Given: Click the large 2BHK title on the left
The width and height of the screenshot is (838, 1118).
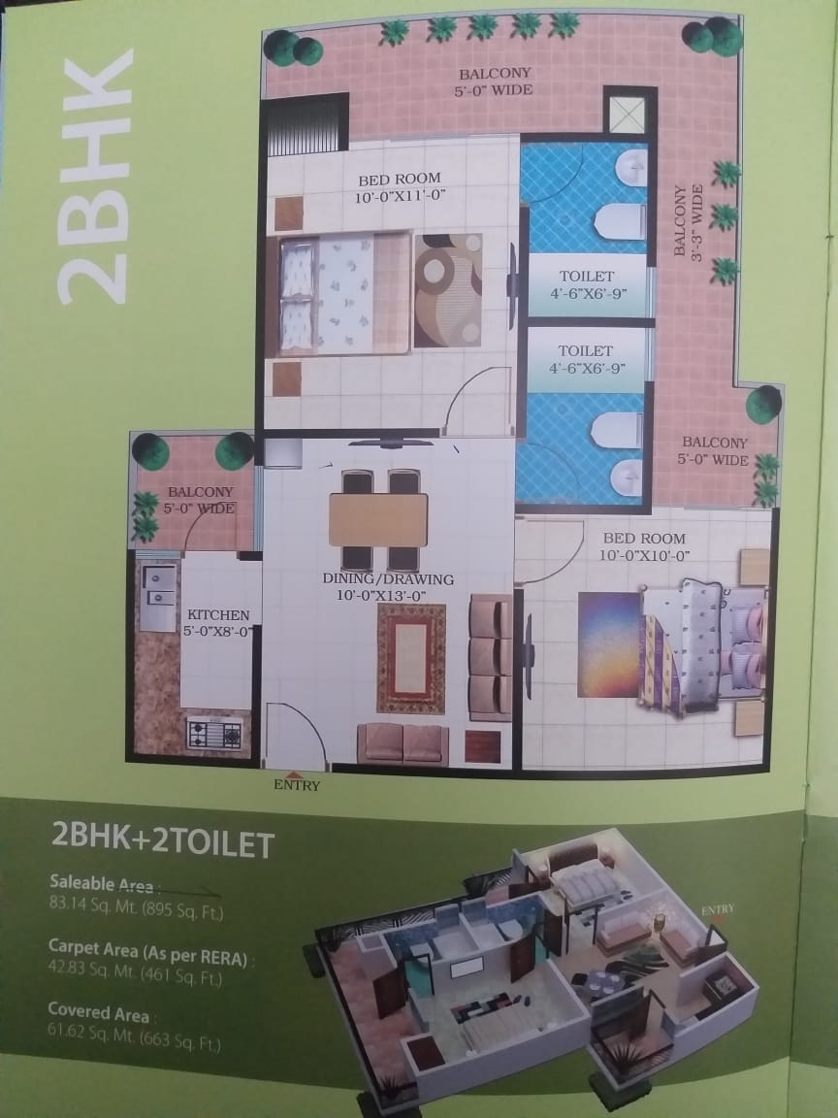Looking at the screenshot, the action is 95,176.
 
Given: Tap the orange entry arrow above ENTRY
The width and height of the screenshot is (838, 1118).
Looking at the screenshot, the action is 292,775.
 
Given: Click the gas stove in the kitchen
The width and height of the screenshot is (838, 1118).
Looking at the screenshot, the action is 214,734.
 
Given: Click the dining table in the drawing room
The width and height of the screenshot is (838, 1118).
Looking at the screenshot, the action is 377,520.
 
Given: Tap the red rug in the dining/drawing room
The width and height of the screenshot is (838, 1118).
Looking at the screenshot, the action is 411,659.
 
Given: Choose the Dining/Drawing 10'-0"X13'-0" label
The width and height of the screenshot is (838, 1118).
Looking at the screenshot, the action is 388,587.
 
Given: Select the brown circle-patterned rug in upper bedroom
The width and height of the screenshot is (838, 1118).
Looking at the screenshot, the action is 448,290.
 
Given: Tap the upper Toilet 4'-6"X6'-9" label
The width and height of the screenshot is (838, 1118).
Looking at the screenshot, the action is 587,284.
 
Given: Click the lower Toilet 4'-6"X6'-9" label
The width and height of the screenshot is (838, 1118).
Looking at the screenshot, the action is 587,359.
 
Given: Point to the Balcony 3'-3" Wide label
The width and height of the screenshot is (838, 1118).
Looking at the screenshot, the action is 688,221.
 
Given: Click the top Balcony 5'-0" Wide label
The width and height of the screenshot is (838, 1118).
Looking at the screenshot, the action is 495,82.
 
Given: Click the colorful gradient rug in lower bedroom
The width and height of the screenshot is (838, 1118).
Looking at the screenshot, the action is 612,644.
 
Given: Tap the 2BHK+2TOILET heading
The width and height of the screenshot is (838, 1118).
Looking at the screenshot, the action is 163,840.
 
